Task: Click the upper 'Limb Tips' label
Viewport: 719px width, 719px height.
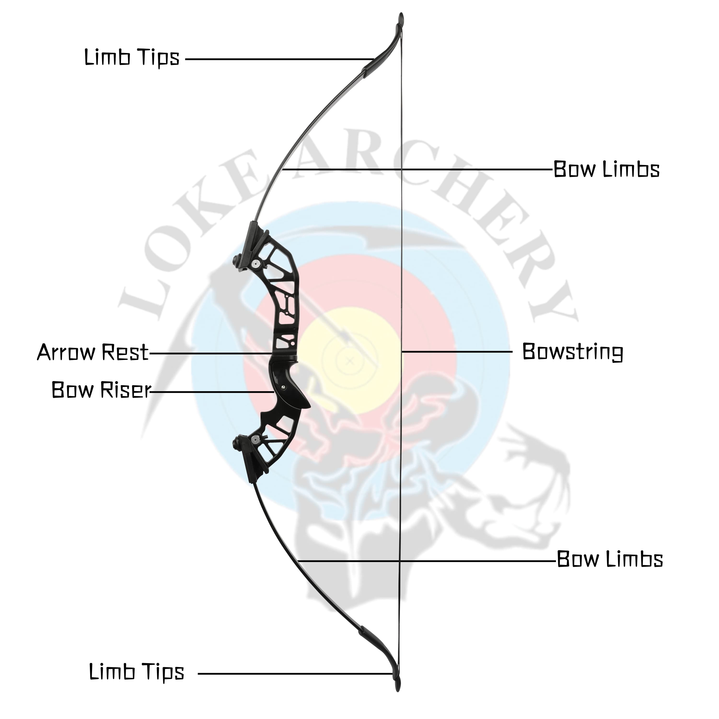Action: [132, 58]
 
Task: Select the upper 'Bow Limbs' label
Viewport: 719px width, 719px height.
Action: [606, 169]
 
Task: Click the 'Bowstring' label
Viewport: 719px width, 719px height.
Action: [572, 352]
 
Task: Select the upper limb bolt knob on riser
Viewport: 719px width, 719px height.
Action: [237, 259]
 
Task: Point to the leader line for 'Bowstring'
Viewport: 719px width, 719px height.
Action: [458, 351]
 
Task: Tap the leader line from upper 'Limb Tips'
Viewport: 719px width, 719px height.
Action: [279, 59]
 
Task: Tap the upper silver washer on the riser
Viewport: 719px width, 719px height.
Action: [255, 263]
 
